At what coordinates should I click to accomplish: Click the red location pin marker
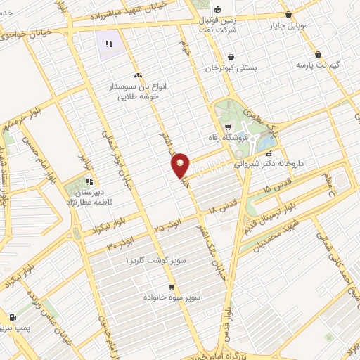click(x=181, y=165)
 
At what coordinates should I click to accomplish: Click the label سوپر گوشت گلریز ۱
click(x=161, y=260)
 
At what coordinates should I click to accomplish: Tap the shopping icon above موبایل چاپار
click(x=288, y=14)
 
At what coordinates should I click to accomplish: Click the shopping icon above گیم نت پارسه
click(x=319, y=54)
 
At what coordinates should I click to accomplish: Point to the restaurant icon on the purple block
click(x=109, y=44)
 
